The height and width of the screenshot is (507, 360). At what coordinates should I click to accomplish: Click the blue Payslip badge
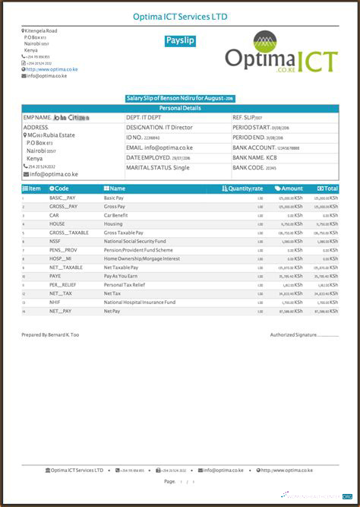[180, 41]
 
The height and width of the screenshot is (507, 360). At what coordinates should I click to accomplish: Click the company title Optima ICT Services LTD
[180, 17]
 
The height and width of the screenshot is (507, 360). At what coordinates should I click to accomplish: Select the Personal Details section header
[180, 108]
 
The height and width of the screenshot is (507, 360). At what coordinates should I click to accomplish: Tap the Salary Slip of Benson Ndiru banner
[180, 98]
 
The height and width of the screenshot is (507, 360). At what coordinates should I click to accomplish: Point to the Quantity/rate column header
[242, 188]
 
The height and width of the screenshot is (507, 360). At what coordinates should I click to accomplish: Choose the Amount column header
[289, 188]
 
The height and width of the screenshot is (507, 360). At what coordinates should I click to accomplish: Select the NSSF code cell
[55, 241]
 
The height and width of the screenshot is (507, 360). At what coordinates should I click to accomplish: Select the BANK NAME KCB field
[254, 157]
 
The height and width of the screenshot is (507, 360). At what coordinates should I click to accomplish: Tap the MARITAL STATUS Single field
[158, 167]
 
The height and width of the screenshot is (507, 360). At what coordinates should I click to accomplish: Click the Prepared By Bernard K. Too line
[50, 334]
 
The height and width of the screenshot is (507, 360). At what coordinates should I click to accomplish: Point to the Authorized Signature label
[293, 334]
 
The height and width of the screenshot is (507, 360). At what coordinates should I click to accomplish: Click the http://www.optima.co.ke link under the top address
[52, 69]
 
